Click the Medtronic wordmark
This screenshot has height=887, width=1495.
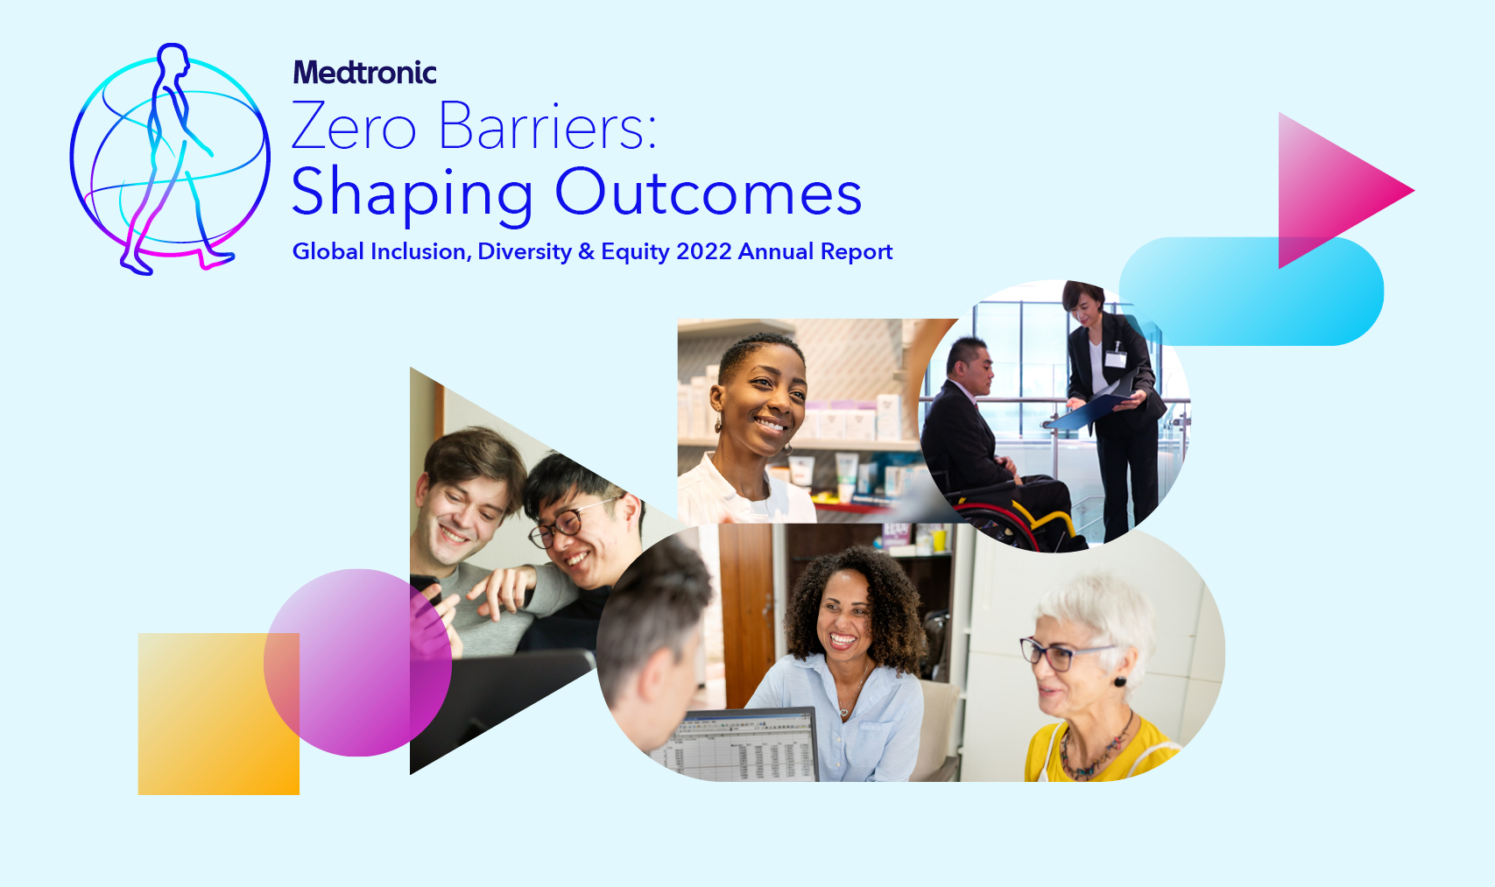click(364, 72)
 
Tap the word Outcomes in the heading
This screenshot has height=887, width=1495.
click(709, 193)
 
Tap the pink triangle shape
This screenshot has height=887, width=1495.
click(1335, 191)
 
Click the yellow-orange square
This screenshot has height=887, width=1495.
click(218, 714)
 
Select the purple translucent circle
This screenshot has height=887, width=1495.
click(357, 663)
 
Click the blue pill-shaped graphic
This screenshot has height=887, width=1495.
click(1251, 291)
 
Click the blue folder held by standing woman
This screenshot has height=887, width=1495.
click(1088, 405)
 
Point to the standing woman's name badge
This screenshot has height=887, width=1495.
click(1115, 358)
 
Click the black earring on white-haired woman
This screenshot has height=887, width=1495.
click(1120, 681)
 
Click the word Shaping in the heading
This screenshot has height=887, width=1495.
click(412, 195)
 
